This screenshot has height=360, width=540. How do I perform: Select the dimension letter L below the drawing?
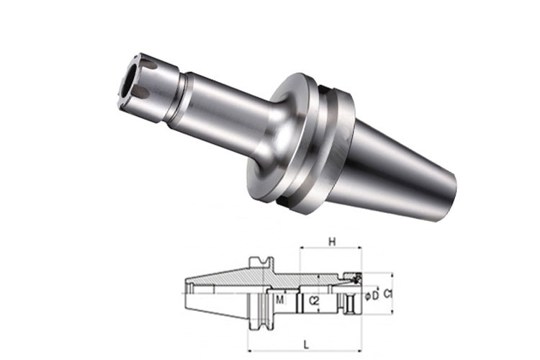(307, 344)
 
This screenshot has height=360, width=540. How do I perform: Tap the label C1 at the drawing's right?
(387, 294)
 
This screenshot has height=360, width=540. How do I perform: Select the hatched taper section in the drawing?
(223, 278)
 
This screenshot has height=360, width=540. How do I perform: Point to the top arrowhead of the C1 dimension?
(392, 275)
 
